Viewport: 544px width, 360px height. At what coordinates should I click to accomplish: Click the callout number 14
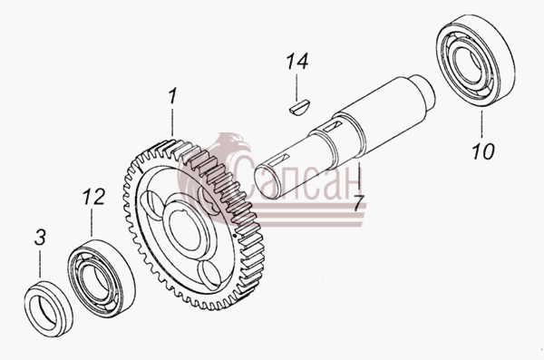coord(297,62)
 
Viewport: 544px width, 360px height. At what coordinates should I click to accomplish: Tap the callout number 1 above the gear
coord(173,96)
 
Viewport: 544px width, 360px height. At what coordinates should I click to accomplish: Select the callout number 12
coord(93,197)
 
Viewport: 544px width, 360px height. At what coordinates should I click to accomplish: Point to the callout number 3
coord(40,238)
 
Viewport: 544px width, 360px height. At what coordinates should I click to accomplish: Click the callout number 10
coord(482,151)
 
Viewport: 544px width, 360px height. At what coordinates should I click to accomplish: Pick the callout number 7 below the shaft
coord(359,203)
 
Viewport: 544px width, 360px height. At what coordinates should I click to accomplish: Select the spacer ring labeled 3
coord(49,309)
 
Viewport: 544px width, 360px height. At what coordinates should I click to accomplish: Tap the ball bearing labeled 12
coord(101,277)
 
